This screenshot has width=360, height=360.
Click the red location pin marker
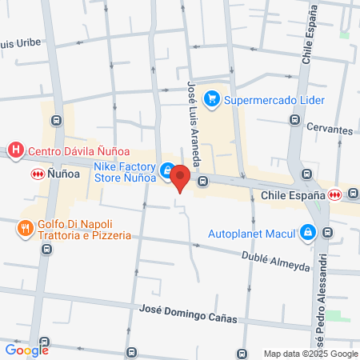[x=180, y=178]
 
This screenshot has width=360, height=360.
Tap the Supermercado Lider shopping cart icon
[x=212, y=100]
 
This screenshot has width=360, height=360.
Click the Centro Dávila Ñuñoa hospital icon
[x=15, y=150]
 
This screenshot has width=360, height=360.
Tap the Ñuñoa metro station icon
[x=37, y=173]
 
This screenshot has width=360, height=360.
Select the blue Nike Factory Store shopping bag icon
[x=166, y=170]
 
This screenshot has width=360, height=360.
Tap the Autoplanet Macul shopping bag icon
[x=307, y=233]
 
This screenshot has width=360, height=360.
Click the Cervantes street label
[x=329, y=130]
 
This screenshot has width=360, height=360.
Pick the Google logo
[x=26, y=349]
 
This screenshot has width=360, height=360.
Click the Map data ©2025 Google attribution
[x=311, y=354]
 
